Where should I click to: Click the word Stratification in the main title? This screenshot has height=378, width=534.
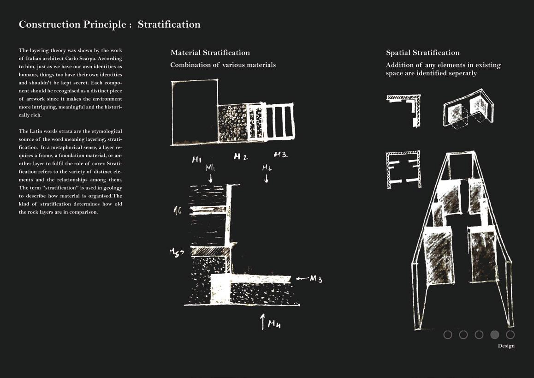tap(169, 24)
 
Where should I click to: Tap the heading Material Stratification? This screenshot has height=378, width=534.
tap(210, 53)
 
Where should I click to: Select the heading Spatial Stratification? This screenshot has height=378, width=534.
tap(422, 53)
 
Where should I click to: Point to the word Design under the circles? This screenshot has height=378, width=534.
tap(506, 346)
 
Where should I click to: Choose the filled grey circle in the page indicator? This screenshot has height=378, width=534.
tap(494, 335)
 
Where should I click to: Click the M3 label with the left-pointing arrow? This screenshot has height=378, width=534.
tap(315, 278)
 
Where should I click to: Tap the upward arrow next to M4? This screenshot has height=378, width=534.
tap(263, 321)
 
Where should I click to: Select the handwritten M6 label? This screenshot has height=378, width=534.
tap(177, 211)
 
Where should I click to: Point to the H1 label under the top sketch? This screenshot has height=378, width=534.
tap(197, 160)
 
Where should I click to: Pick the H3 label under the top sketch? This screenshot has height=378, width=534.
tap(280, 155)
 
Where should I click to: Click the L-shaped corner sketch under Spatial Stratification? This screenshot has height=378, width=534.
tap(404, 109)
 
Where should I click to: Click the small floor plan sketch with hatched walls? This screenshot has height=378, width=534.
tap(403, 169)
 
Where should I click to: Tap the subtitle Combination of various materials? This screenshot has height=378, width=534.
tap(223, 65)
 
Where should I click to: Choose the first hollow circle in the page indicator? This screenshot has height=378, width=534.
tap(448, 335)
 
